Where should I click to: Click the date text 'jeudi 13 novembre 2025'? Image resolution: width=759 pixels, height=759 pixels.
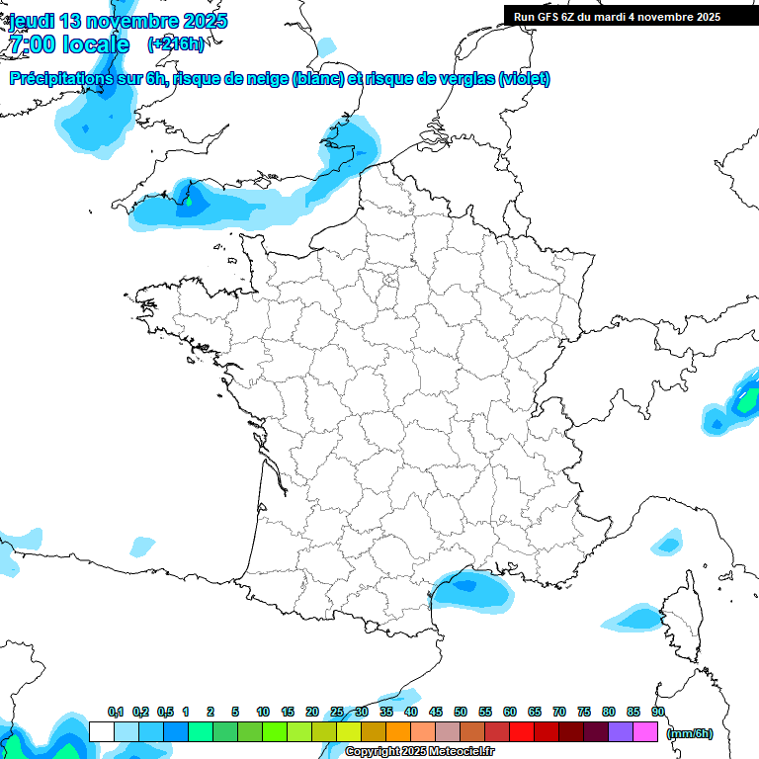(119, 21)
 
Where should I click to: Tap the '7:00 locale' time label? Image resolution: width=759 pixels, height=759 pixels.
(69, 44)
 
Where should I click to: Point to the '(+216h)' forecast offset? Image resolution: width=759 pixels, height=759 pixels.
(176, 44)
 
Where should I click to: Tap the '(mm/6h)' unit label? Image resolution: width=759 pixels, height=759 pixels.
(690, 733)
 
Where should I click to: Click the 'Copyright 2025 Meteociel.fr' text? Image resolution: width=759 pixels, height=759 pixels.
(419, 752)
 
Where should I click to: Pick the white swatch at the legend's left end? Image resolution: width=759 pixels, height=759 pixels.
(101, 732)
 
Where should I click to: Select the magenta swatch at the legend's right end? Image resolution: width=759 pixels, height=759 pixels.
(645, 732)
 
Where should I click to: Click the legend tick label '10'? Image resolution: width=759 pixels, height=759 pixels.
(263, 713)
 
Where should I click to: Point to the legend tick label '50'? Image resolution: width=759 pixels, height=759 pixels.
(461, 713)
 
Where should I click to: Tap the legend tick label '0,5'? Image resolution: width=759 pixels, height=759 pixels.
(165, 713)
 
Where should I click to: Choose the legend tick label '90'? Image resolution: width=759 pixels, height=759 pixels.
(658, 713)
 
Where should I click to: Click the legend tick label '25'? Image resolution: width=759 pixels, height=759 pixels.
(337, 713)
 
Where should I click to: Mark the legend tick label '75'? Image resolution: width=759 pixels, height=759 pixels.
(584, 713)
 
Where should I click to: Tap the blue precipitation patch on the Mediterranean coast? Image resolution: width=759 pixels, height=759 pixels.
(472, 590)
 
